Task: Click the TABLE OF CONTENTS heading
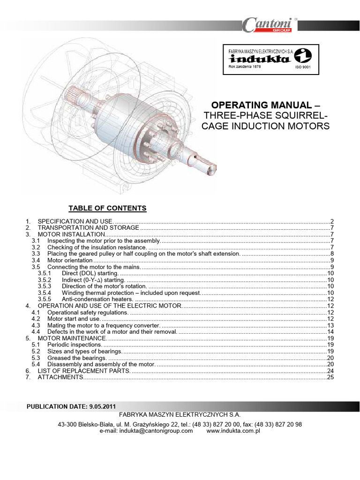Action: pos(108,208)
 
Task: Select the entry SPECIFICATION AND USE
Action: pos(75,221)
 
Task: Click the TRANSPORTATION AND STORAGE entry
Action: pos(88,227)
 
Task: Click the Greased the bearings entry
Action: pos(77,358)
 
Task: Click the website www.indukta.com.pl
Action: pos(233,431)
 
